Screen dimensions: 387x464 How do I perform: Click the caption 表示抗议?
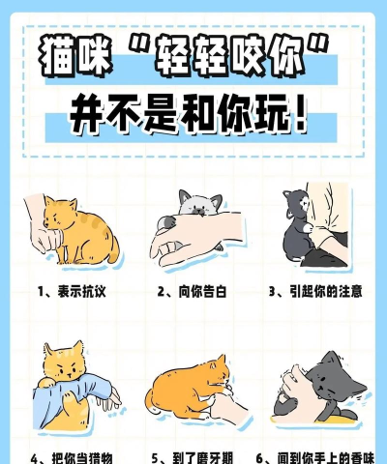pyautogui.click(x=81, y=292)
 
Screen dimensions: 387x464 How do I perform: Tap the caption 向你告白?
pyautogui.click(x=202, y=292)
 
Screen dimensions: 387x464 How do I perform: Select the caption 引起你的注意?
pyautogui.click(x=325, y=291)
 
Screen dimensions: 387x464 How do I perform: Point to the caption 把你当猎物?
pyautogui.click(x=82, y=458)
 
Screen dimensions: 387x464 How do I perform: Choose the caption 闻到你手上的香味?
pyautogui.click(x=326, y=458)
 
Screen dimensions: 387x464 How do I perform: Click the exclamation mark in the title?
pyautogui.click(x=301, y=115)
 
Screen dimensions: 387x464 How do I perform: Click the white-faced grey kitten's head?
pyautogui.click(x=200, y=204)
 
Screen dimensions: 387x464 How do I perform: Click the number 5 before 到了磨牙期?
pyautogui.click(x=155, y=458)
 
